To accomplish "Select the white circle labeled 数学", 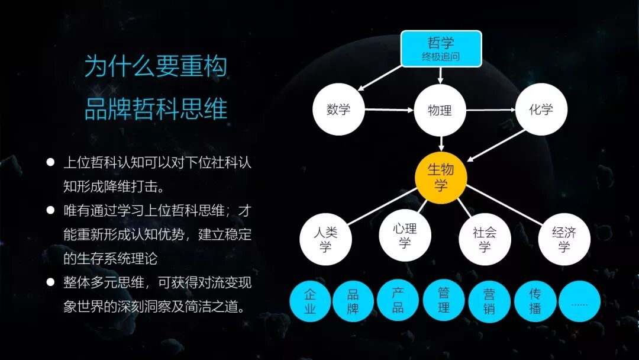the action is click(x=338, y=110).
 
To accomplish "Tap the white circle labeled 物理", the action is click(x=440, y=110).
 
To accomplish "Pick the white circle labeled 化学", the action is click(x=541, y=110).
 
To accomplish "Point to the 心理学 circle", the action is click(x=405, y=235).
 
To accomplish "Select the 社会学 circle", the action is click(x=485, y=239).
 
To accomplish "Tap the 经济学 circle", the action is click(x=564, y=239).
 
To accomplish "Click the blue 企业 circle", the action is click(x=310, y=301).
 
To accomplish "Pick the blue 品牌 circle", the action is click(x=353, y=301).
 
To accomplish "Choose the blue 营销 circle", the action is click(x=489, y=301).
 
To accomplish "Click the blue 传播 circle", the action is click(x=535, y=301).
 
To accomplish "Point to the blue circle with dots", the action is click(x=579, y=301).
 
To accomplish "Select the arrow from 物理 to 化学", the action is click(x=490, y=110).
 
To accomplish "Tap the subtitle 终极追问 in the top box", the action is click(x=441, y=57).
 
